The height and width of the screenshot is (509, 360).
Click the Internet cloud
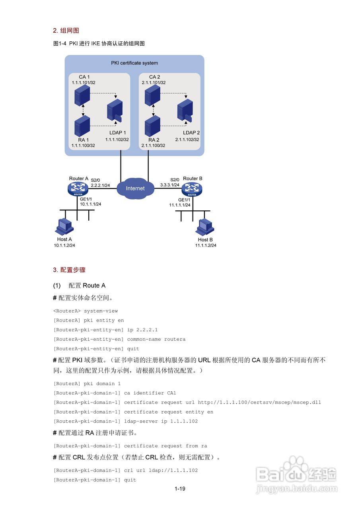click(x=135, y=188)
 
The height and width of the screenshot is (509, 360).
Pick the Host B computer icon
click(x=205, y=227)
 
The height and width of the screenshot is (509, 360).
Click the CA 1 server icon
click(x=82, y=96)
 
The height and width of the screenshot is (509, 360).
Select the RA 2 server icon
click(x=152, y=126)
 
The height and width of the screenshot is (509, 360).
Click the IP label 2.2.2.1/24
click(x=100, y=185)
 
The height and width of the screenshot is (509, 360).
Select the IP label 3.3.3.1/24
click(x=170, y=185)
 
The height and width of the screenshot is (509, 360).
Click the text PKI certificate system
click(x=134, y=63)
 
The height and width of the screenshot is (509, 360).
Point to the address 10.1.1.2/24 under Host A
click(x=64, y=245)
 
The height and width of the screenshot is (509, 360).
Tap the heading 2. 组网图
click(x=66, y=30)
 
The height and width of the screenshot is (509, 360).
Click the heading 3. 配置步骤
click(x=69, y=270)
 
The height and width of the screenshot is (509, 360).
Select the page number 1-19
click(x=180, y=489)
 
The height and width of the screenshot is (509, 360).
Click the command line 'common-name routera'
click(x=156, y=339)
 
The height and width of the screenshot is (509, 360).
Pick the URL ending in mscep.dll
click(x=259, y=402)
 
